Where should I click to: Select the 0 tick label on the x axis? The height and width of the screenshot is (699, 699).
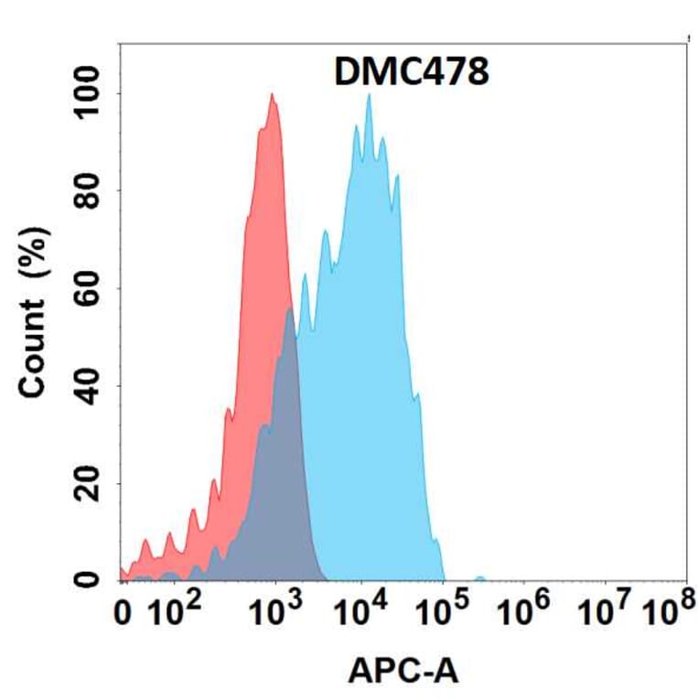tap(124, 614)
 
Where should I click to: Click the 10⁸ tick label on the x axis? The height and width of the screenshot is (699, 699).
tap(667, 611)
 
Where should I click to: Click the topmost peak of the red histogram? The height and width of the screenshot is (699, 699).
tap(272, 94)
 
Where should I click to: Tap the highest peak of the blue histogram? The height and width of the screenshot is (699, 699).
tap(369, 95)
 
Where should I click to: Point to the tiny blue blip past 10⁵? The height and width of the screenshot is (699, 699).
tap(480, 577)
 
